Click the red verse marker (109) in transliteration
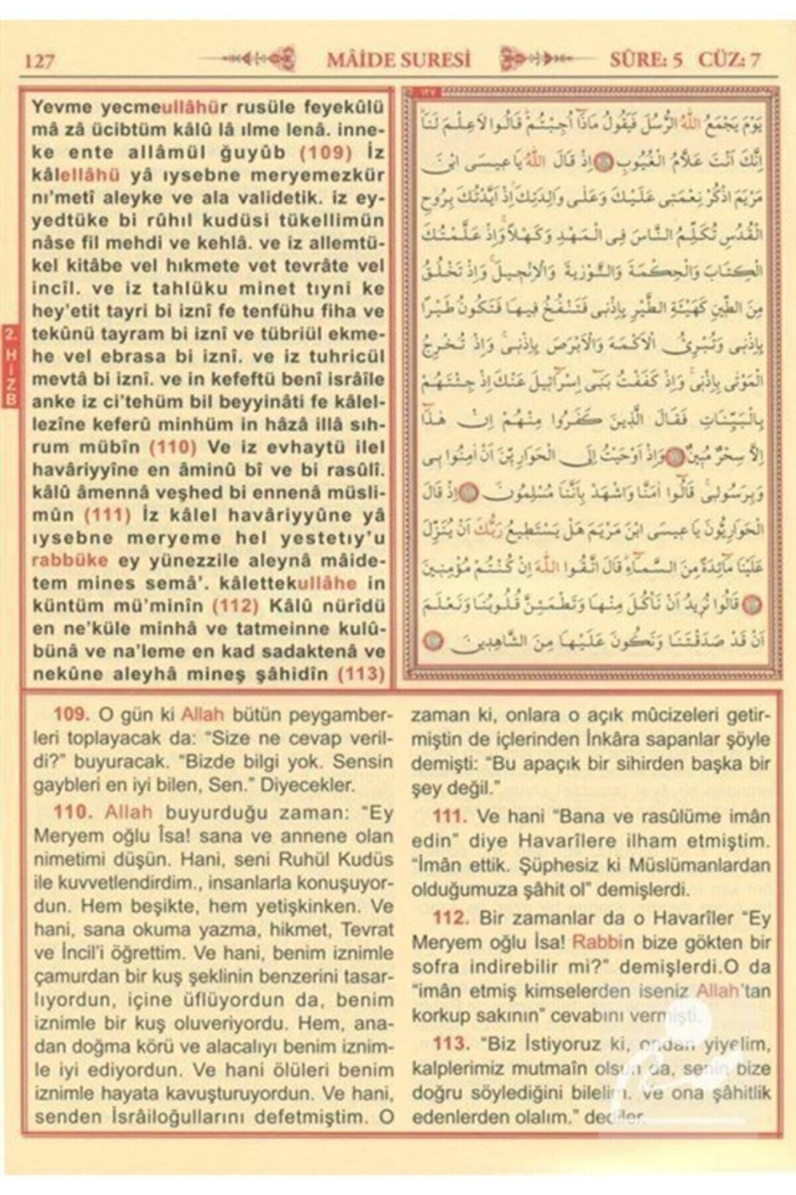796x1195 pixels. [326, 152]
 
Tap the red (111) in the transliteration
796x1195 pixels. [108, 515]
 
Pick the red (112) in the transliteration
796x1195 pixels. [235, 606]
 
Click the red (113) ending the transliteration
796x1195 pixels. [360, 674]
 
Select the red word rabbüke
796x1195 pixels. [70, 560]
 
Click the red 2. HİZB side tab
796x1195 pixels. [10, 367]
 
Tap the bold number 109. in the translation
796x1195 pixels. [71, 714]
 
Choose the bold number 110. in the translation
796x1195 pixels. [71, 812]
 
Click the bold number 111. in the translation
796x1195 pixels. [450, 816]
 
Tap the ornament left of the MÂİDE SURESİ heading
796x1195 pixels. [247, 59]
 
